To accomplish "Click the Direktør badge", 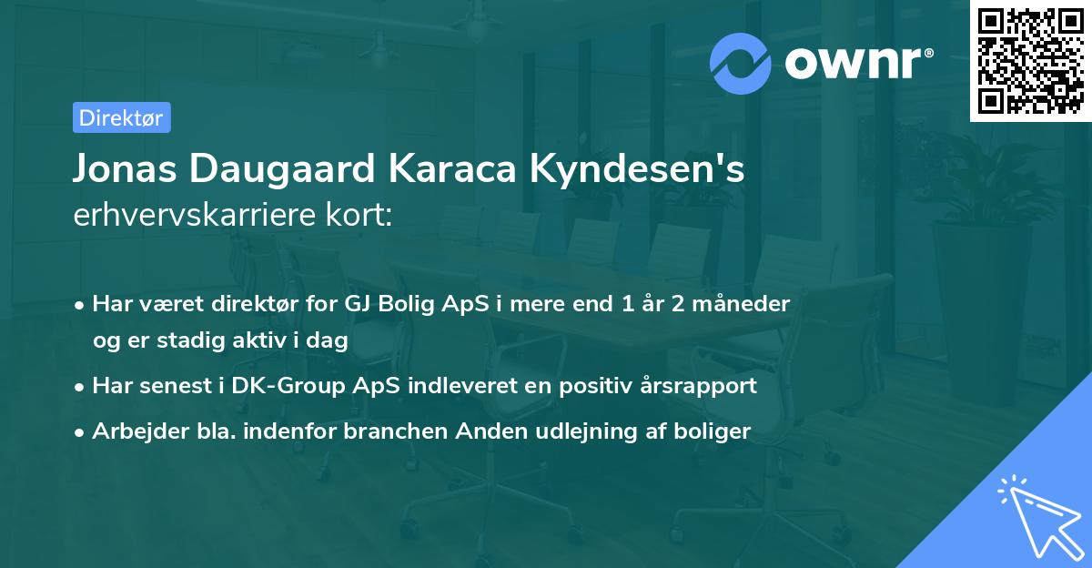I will [121, 117].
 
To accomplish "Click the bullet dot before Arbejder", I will [82, 431].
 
